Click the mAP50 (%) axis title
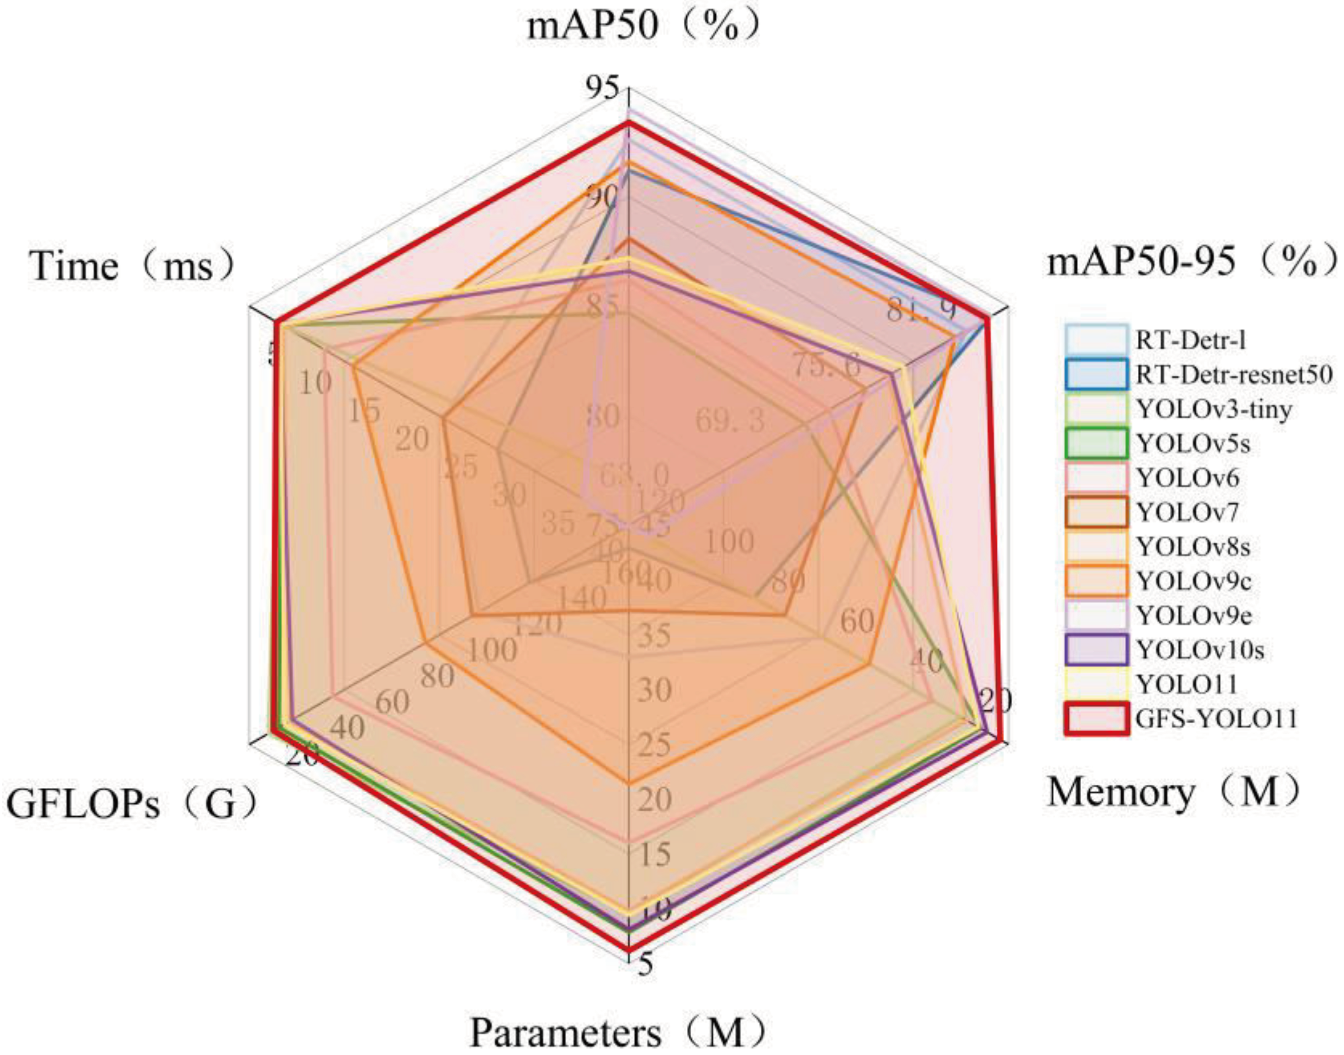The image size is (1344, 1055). [642, 28]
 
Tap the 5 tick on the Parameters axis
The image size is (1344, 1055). [644, 965]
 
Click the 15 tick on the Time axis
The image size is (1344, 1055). [363, 410]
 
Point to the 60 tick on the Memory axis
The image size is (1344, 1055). [857, 622]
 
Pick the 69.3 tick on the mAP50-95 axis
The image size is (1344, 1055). [730, 421]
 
